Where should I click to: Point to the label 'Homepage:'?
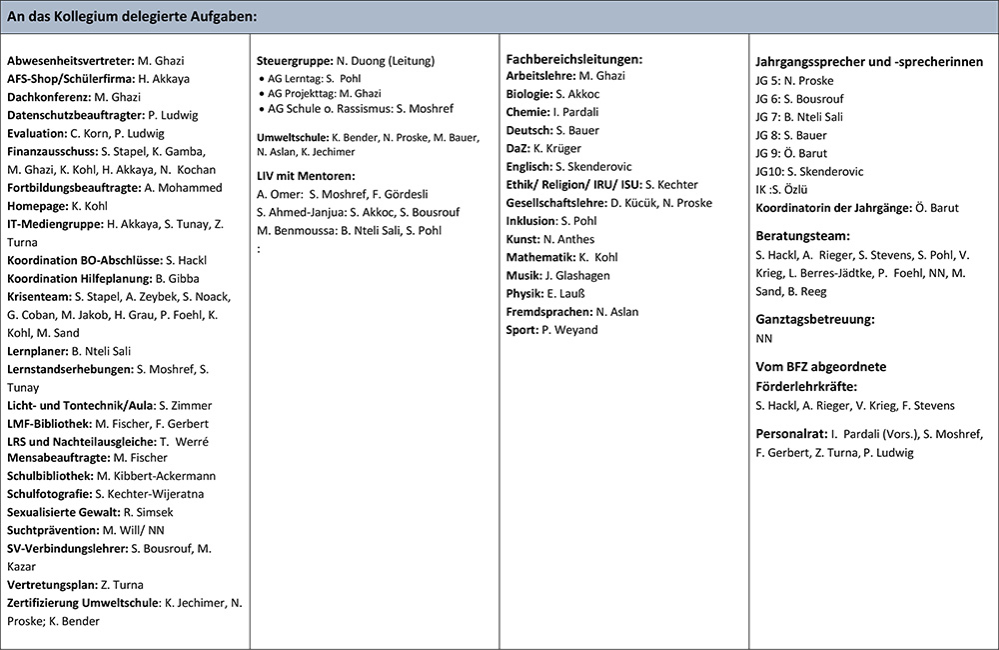[38, 206]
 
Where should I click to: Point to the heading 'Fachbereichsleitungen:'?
[574, 60]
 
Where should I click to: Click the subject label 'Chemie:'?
[526, 111]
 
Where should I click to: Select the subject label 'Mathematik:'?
[538, 257]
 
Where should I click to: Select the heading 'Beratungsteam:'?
[803, 237]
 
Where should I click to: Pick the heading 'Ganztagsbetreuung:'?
[816, 319]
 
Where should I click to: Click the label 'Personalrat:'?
[790, 434]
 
